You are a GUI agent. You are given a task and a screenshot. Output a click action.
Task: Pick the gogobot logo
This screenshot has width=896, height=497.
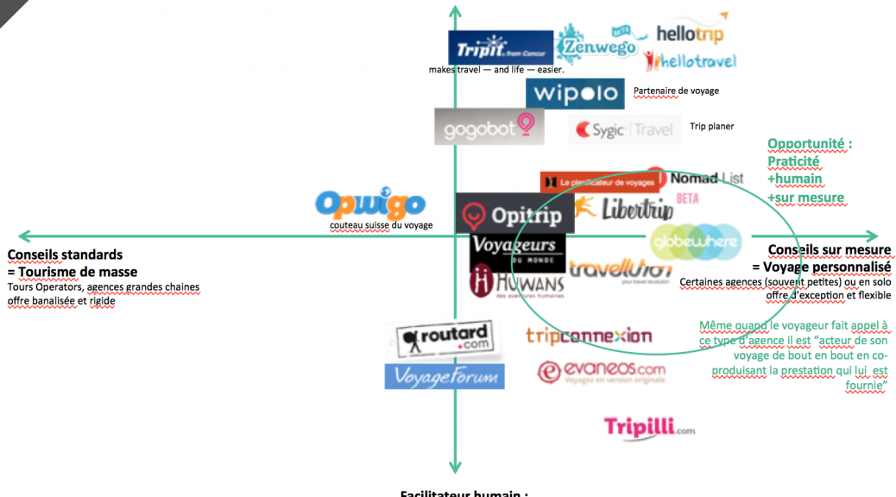(489, 128)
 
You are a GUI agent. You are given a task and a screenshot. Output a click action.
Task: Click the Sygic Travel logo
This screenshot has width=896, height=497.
(624, 130)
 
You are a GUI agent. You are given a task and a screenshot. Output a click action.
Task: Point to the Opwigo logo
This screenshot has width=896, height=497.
(369, 204)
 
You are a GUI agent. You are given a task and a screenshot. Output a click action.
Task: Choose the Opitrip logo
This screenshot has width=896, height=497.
(512, 214)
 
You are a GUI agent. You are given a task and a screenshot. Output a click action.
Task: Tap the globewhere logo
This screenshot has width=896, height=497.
(695, 242)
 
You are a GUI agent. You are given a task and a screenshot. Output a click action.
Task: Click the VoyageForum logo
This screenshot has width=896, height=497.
(444, 376)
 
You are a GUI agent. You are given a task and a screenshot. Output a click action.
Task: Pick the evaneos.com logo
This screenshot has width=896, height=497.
(602, 372)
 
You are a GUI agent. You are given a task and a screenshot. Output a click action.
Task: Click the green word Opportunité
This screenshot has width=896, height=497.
(809, 144)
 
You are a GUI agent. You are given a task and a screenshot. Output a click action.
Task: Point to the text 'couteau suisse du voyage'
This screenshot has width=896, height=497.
(381, 226)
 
